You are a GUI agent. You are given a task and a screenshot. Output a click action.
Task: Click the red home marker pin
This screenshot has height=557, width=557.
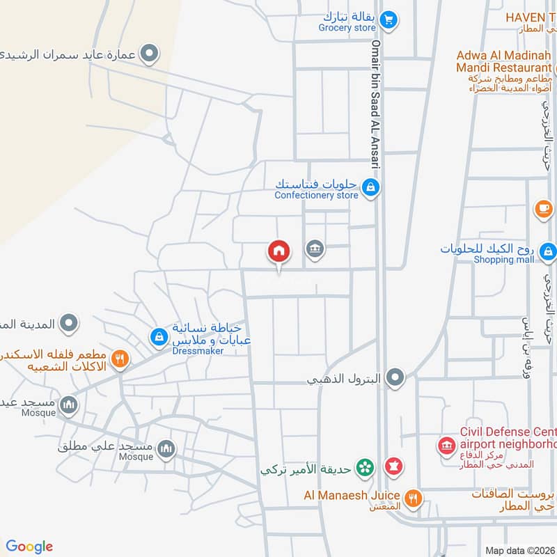pos(278,251)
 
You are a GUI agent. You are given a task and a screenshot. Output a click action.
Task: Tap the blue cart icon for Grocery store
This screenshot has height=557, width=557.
pos(389,19)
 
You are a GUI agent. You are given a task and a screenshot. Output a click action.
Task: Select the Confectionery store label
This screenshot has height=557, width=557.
pos(316,196)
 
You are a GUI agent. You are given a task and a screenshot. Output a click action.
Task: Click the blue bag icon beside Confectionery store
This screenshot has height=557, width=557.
pos(371,187)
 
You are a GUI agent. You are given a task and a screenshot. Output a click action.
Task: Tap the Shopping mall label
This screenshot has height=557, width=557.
pos(504,260)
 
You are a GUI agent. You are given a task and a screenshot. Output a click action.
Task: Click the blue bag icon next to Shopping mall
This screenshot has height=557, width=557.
pos(548,250)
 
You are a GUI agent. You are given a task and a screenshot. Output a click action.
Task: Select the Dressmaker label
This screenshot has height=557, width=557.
pos(198,352)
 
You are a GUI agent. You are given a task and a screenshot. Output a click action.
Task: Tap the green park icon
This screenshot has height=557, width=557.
pos(363,468)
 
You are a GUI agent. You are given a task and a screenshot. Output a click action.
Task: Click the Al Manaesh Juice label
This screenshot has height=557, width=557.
pos(351,495)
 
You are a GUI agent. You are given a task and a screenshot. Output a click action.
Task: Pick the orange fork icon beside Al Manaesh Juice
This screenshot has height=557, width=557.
pos(414,497)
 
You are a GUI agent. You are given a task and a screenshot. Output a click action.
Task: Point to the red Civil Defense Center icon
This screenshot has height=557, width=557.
pos(446,444)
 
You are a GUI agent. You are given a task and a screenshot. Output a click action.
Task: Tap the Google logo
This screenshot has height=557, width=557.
pos(29,547)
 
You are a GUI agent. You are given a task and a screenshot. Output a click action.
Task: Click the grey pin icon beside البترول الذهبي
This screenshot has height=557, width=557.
pos(395,378)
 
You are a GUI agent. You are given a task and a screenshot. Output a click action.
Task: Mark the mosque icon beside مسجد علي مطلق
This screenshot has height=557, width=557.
pos(166,448)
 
